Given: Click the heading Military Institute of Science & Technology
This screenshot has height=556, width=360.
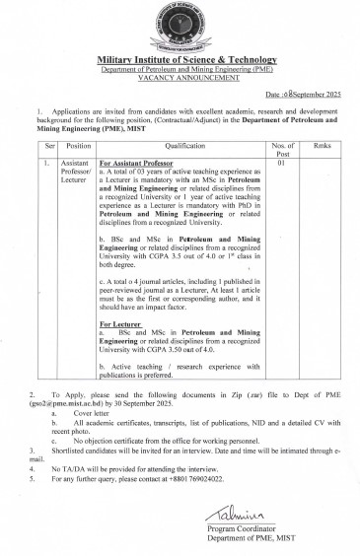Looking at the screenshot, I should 180,61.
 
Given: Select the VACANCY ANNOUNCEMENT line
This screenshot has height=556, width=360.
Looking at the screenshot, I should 180,78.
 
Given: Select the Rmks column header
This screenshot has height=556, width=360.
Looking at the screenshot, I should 322,144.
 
